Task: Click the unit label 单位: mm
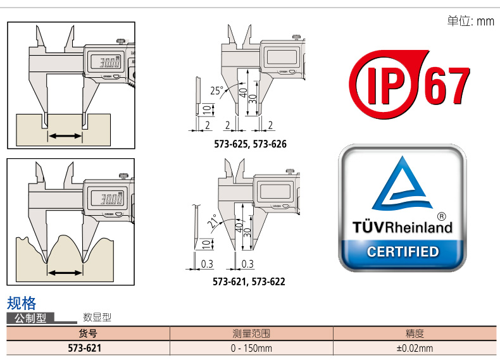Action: (x=470, y=22)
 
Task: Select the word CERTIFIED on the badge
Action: (x=403, y=252)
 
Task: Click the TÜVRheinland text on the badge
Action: (x=402, y=227)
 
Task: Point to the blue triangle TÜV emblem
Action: (x=402, y=185)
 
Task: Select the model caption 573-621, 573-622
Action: (x=249, y=282)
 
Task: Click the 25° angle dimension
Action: (x=217, y=90)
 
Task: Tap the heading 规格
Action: (x=22, y=302)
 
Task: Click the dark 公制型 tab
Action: (x=31, y=318)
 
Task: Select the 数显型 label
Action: (x=97, y=318)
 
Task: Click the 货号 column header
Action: (x=88, y=333)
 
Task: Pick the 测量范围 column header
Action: (x=251, y=333)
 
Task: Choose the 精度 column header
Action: (x=415, y=333)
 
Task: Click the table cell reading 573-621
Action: (x=85, y=348)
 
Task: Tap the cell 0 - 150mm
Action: (x=251, y=348)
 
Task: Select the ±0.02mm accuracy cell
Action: (x=415, y=348)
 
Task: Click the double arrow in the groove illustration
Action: (x=65, y=136)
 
